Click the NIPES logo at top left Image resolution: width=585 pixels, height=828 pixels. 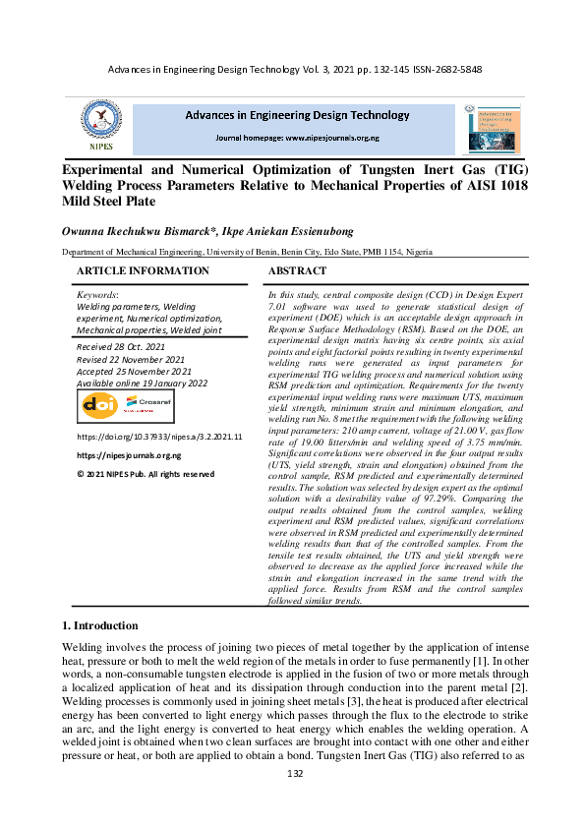point(102,125)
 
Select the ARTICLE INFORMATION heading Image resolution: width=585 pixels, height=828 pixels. point(143,270)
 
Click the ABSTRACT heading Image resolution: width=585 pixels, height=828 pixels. point(297,270)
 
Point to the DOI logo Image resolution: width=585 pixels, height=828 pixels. point(99,405)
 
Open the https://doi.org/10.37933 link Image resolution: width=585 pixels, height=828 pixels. point(159,436)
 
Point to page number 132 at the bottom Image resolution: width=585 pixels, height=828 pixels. point(293,802)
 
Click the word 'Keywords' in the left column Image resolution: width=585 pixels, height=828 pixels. point(96,294)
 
